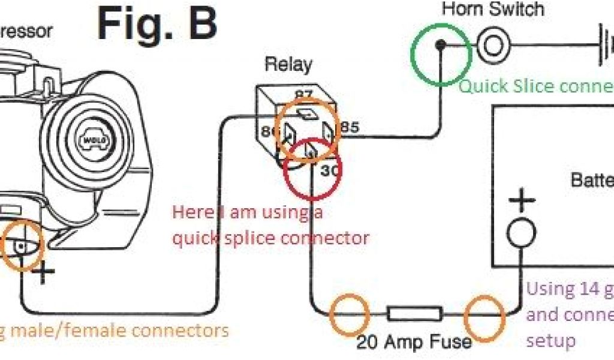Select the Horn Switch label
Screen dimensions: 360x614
pyautogui.click(x=493, y=9)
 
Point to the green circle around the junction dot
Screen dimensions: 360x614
pyautogui.click(x=440, y=55)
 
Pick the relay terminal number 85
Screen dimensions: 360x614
pyautogui.click(x=350, y=128)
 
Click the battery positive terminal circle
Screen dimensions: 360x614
pyautogui.click(x=522, y=233)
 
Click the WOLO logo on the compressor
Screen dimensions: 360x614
pyautogui.click(x=95, y=140)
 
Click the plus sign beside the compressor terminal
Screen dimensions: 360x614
pyautogui.click(x=43, y=273)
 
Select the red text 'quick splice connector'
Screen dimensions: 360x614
pyautogui.click(x=270, y=238)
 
